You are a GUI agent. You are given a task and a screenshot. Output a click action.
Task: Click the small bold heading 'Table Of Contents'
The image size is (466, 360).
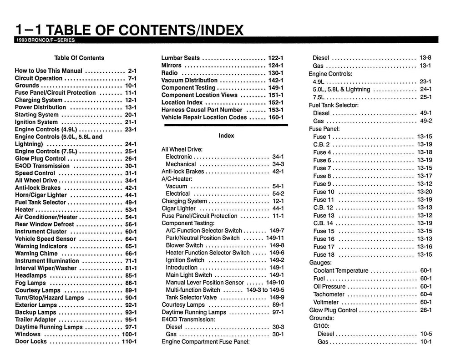click(79, 58)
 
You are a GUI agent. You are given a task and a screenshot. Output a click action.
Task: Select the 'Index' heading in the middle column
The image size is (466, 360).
click(226, 136)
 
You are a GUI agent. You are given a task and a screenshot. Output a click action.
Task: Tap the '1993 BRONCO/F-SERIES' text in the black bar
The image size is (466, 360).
click(45, 40)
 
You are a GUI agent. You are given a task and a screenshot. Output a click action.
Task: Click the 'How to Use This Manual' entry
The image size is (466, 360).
click(49, 71)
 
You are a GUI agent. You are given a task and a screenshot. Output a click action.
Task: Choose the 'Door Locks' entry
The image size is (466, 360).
click(31, 341)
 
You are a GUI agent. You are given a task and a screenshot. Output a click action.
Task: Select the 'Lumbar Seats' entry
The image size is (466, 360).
click(181, 58)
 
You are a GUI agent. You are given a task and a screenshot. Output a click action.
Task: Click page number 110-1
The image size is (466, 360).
click(129, 341)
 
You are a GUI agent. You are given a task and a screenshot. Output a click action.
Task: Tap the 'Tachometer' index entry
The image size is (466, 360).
click(329, 294)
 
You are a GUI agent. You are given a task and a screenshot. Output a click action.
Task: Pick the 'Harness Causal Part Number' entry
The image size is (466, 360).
click(202, 110)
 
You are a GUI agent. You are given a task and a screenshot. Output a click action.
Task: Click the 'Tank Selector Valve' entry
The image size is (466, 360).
click(191, 297)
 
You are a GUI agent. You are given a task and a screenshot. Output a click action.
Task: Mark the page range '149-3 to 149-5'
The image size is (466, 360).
click(265, 289)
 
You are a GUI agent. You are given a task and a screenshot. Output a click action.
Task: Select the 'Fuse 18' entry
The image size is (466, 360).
click(324, 254)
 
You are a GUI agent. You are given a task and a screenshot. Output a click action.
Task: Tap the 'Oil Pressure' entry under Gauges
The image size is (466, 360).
click(329, 286)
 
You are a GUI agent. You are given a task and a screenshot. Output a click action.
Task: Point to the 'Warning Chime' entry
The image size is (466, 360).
click(36, 254)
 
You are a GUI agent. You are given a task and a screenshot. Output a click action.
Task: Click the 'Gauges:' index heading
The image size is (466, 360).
click(320, 263)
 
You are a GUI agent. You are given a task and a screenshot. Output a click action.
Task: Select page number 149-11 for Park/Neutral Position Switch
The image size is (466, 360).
click(275, 238)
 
